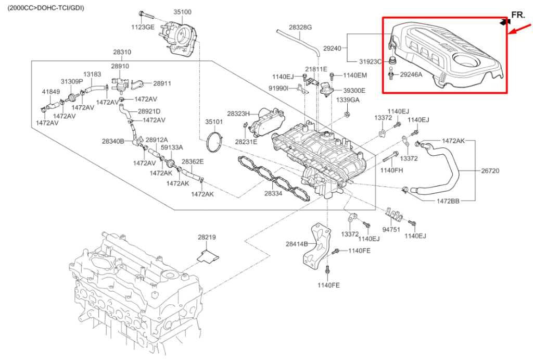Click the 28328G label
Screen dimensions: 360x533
click(300, 27)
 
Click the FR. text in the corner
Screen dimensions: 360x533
click(518, 16)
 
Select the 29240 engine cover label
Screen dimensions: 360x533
click(332, 48)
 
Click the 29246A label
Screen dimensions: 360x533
click(411, 75)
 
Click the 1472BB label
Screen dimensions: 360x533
click(447, 201)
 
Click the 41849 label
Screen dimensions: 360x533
click(50, 92)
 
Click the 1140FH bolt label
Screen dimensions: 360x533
click(390, 170)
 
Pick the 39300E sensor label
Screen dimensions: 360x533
click(355, 90)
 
